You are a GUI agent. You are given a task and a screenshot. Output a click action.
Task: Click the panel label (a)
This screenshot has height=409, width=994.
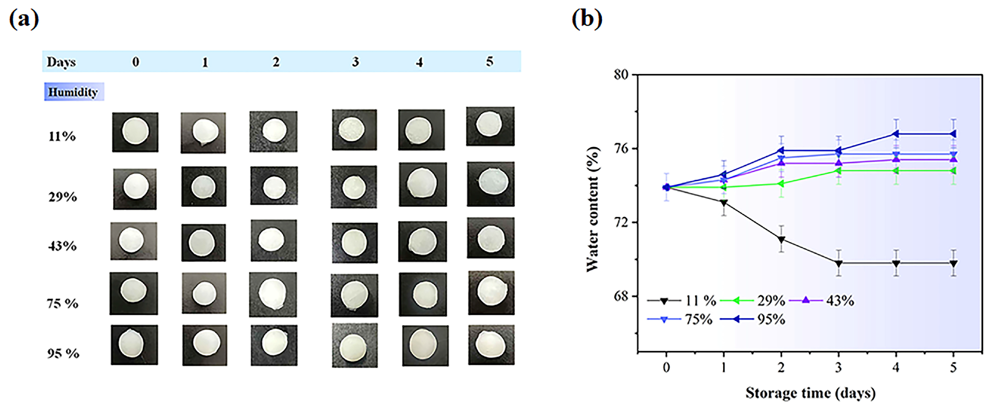click(24, 19)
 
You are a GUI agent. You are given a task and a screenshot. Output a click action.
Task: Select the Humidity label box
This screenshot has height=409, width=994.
click(73, 92)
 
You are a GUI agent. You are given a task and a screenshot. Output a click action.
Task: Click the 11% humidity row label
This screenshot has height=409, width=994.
click(62, 136)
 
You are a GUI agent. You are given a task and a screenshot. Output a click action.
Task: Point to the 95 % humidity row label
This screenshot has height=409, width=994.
click(63, 353)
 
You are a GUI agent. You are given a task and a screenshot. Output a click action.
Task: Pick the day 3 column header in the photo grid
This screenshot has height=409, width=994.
click(355, 62)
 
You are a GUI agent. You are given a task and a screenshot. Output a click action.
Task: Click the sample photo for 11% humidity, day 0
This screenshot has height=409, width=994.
click(135, 132)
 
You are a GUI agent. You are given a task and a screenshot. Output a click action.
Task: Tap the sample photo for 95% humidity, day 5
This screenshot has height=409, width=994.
click(491, 345)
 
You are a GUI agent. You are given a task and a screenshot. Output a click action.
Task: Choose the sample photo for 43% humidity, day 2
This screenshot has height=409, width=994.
click(274, 240)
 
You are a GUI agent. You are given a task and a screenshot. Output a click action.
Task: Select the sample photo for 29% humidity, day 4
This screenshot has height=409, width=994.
click(423, 184)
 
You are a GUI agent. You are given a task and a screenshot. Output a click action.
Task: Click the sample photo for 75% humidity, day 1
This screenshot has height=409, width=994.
click(204, 293)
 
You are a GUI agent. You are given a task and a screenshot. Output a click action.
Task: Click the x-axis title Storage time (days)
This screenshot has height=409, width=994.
click(810, 393)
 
